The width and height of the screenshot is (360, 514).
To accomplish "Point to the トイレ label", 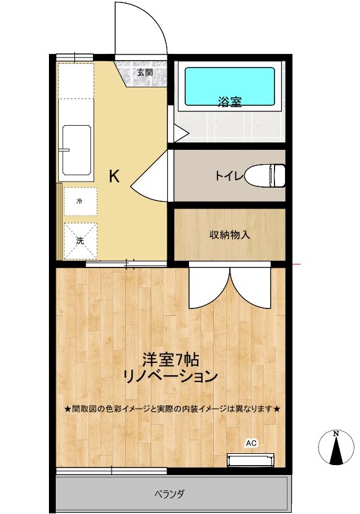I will click(x=229, y=176).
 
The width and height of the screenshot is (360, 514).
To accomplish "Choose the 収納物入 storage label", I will click(x=229, y=235).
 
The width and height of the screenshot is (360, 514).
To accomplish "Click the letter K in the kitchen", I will click(x=114, y=176).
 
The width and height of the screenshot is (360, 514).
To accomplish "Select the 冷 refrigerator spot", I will click(x=80, y=201).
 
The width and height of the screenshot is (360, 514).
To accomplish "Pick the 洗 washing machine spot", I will click(x=80, y=240).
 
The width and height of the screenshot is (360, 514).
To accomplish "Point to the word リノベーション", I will click(x=170, y=376).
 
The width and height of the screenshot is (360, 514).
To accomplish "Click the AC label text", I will click(x=251, y=443).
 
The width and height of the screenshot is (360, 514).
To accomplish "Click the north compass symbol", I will click(x=335, y=448).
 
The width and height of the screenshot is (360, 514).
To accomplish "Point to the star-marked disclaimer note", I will click(x=173, y=409).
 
